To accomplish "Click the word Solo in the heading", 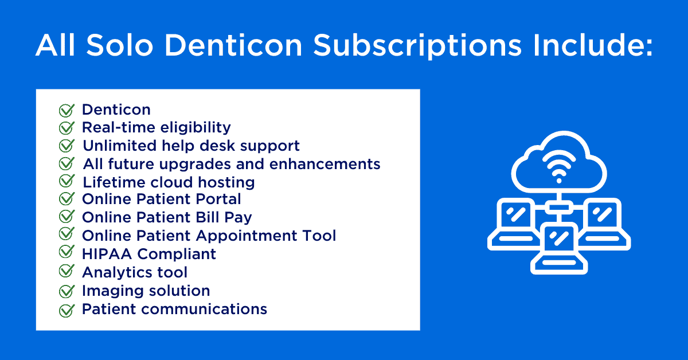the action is pos(119,45).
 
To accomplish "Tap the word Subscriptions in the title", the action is pos(417,46).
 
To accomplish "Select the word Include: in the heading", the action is pos(593,45).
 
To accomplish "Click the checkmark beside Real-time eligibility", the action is pos(67,128).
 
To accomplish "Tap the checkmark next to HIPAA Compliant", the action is pos(67,252).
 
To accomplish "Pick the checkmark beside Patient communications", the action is pos(67,310).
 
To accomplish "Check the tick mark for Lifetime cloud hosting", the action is pos(67,181).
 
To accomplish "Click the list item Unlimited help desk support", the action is pos(191,146).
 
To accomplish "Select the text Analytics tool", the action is pos(135,272).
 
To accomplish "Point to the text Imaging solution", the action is pos(146,291).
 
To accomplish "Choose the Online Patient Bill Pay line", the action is pos(167,218).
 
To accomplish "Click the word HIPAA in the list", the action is pos(107,254).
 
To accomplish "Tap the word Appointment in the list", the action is pos(247,236).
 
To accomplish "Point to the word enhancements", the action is pos(325,164).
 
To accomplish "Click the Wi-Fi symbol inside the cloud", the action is pos(559,167).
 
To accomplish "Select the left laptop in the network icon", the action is pos(514,224).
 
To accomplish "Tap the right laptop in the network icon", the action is pos(604,224).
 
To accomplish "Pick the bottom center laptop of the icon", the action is pos(559,249).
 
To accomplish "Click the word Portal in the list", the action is pos(218,199).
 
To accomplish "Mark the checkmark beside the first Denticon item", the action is pos(67,110).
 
